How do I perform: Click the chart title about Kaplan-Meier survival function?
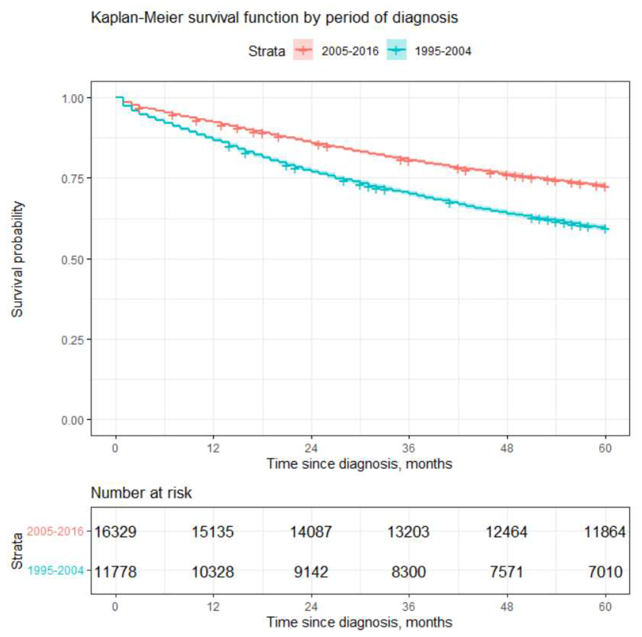pos(274,17)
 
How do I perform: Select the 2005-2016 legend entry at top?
pos(336,51)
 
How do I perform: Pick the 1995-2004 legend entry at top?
pos(429,51)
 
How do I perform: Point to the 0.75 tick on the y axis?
pos(72,178)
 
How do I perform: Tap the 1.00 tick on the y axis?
pos(72,98)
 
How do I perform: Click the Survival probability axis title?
pos(17,259)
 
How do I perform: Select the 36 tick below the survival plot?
pos(408,449)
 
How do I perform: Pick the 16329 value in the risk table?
pos(115,532)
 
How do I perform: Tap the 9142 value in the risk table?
pos(311,572)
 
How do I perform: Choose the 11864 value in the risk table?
pos(605,532)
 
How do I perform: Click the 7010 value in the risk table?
pos(605,572)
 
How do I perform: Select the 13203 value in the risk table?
pos(408,532)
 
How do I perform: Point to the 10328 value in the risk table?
pos(213,572)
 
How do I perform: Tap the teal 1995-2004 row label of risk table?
pos(56,571)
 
